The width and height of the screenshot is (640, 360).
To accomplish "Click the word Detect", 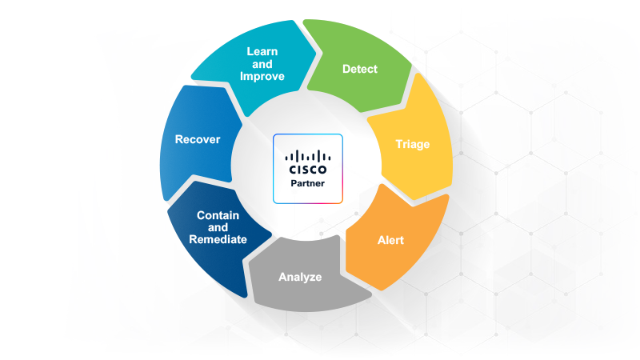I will [359, 69].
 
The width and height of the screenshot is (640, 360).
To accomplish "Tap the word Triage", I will [412, 145].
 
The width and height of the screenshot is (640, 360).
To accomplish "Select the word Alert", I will [390, 240].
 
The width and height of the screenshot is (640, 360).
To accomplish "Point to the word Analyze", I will [300, 277].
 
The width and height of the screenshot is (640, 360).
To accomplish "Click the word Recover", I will [198, 139].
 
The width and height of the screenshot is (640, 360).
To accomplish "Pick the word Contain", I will [217, 215].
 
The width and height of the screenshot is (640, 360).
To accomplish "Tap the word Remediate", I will [217, 239].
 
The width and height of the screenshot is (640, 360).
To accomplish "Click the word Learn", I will [262, 52].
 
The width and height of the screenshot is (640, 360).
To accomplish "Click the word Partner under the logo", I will [308, 185].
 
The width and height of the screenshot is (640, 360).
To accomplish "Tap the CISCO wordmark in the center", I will [308, 170].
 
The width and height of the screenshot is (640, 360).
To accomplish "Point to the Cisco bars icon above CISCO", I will [308, 155].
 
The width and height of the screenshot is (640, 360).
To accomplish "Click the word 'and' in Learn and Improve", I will [262, 64].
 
